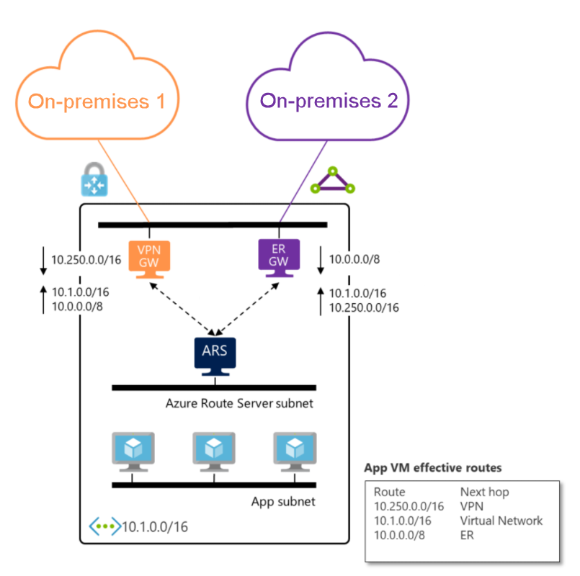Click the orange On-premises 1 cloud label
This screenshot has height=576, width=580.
point(97,101)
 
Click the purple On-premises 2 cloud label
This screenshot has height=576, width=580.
point(329,101)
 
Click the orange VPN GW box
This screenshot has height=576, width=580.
point(148,257)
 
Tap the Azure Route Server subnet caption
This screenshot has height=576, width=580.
point(240,403)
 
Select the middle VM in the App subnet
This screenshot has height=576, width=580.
point(214,451)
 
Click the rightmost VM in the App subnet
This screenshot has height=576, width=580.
point(295,451)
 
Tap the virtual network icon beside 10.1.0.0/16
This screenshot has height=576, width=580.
point(104,526)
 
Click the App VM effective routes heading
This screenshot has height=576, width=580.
point(433,468)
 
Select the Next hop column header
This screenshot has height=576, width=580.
point(484,492)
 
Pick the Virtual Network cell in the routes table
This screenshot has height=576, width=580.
point(501,521)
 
